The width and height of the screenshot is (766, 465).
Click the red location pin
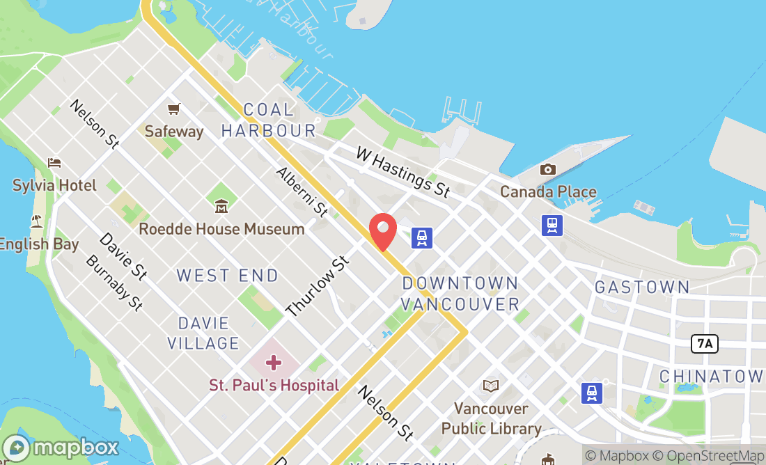tap(382, 231)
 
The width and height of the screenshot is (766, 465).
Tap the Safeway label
tap(174, 131)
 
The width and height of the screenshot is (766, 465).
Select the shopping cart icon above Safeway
tap(173, 109)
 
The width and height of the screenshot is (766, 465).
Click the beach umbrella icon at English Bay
tap(36, 222)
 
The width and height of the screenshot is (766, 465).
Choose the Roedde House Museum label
tap(221, 229)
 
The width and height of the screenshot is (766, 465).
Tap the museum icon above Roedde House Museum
tap(221, 206)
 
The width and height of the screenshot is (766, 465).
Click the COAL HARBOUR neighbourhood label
tap(269, 120)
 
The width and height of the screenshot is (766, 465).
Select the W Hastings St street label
tap(402, 171)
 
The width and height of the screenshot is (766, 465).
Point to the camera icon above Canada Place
tap(548, 169)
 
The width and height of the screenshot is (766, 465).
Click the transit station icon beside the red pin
tap(422, 237)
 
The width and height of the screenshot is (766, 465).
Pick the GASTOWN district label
tap(641, 287)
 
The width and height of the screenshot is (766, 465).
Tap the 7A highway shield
tap(705, 343)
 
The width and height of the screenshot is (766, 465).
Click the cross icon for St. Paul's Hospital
tap(274, 363)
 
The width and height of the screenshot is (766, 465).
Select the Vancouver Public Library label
tap(491, 418)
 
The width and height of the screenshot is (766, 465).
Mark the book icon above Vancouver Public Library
tap(491, 386)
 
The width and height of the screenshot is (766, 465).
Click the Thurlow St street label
tap(317, 286)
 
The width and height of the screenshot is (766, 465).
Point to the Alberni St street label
tap(302, 191)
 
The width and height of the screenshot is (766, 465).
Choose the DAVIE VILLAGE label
tap(208, 333)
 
